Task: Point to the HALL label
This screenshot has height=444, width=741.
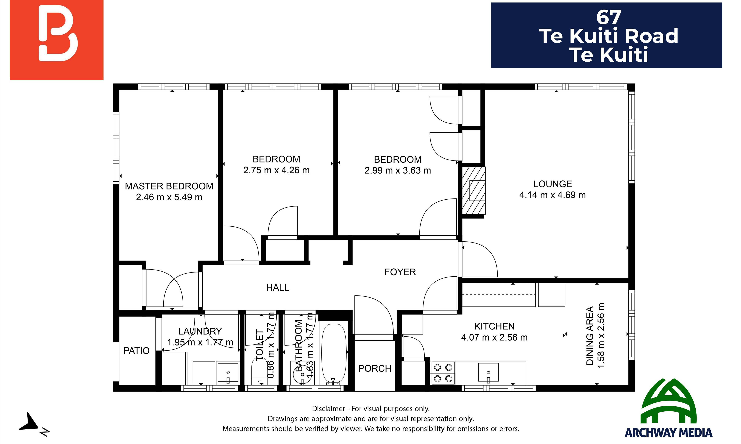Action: point(278,287)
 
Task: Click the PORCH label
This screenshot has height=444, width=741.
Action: point(375,368)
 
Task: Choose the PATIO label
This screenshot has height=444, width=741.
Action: point(136,351)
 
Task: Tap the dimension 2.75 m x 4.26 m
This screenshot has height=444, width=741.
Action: point(276,170)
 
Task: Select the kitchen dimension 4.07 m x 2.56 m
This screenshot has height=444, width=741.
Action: point(494,337)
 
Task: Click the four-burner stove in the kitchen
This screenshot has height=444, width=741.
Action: point(443,373)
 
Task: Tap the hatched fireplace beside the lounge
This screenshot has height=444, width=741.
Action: point(473,190)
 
